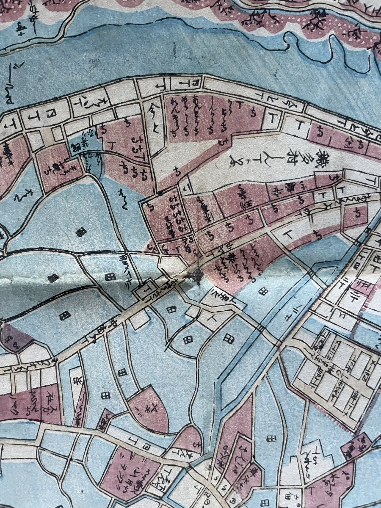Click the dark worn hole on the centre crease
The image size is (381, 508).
click(196, 276)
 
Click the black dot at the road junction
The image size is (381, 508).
click(160, 193)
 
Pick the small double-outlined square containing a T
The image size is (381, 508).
click(143, 292)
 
